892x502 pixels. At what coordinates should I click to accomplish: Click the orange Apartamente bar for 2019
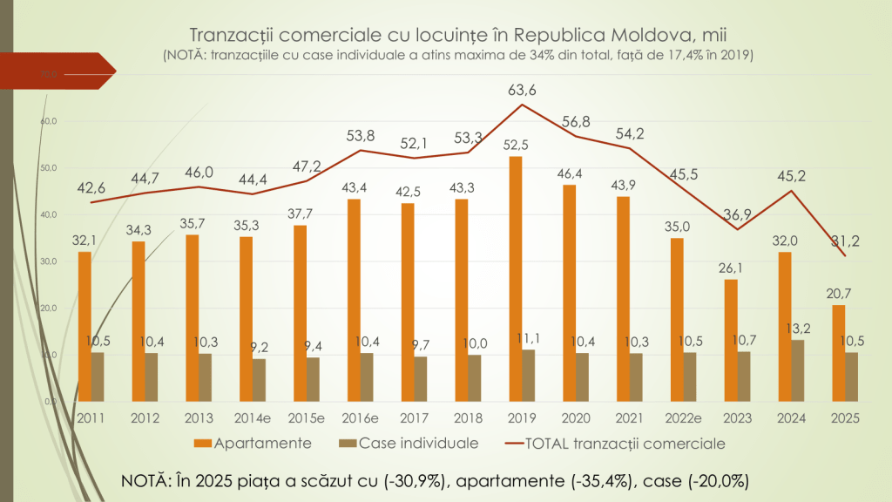(516, 279)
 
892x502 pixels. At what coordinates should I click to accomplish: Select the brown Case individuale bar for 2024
(798, 370)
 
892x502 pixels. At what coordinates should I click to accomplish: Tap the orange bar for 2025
(838, 353)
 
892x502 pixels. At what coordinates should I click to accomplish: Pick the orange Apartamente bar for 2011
(84, 327)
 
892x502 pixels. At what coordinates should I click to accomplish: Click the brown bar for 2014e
(260, 380)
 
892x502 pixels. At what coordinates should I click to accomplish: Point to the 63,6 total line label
(522, 90)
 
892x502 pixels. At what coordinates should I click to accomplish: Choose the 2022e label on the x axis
(684, 417)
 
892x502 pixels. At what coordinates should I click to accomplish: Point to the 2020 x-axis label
(576, 417)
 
